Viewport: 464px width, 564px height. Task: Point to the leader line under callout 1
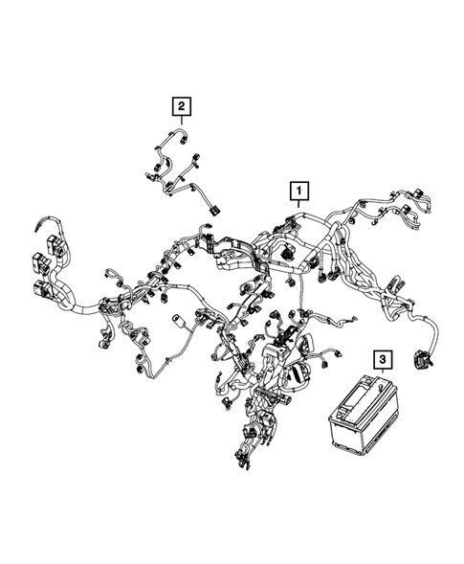(x=299, y=209)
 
